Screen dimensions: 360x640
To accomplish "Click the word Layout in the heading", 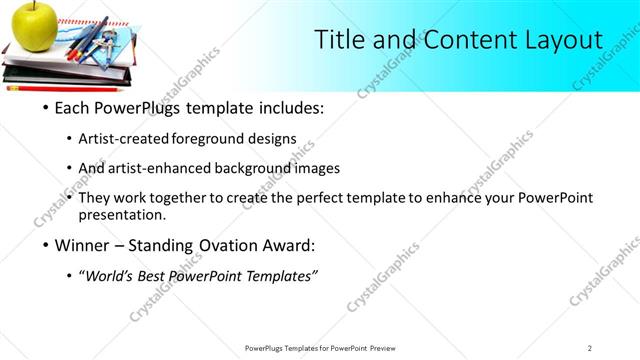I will pos(559,40).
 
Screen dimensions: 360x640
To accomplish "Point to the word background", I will pos(259,168).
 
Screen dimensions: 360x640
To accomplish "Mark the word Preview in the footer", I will pos(389,347).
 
